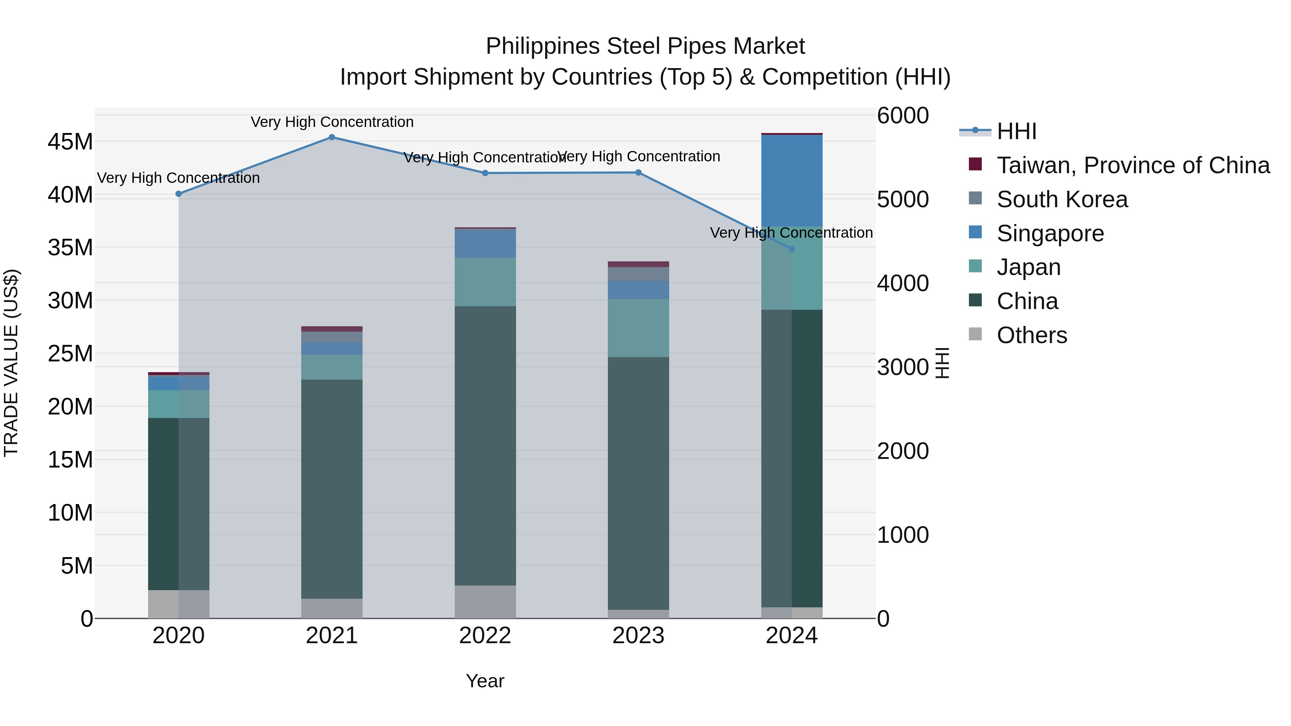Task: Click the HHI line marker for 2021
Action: click(332, 137)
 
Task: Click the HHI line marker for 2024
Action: click(792, 249)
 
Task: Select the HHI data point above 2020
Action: click(179, 194)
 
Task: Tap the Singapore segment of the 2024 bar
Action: click(792, 180)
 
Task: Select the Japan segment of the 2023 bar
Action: click(638, 328)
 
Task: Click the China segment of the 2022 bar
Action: click(485, 446)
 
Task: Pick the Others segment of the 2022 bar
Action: click(485, 602)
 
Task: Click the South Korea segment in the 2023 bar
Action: click(638, 274)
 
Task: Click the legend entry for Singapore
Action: click(1050, 233)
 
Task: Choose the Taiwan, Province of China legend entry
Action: click(1132, 165)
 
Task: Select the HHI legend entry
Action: click(1016, 131)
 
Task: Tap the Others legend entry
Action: click(1031, 335)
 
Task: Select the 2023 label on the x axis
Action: click(638, 636)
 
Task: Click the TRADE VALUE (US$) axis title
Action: click(11, 363)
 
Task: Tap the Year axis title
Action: click(485, 681)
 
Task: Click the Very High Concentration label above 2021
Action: click(332, 122)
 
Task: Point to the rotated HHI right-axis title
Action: click(942, 363)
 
